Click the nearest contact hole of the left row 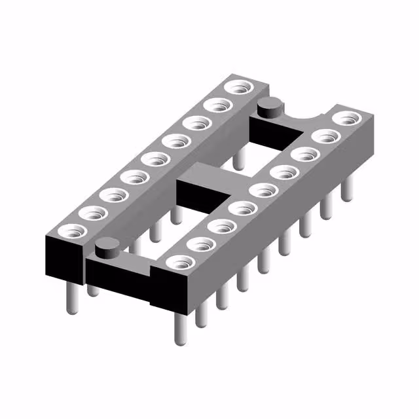click(x=69, y=230)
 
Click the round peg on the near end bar click(x=105, y=248)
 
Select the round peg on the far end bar click(x=269, y=105)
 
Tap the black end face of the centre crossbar click(x=197, y=196)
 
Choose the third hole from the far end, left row click(x=194, y=122)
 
